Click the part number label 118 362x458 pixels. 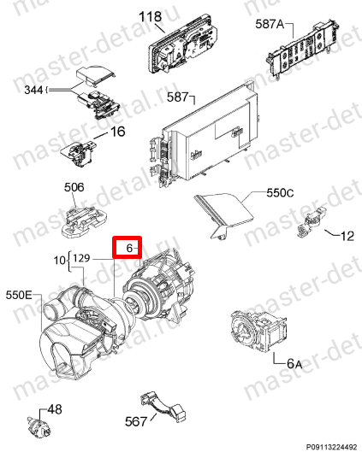[x=150, y=16]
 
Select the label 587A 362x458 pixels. [x=270, y=24]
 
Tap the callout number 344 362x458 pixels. [x=34, y=90]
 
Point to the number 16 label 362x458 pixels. [x=117, y=132]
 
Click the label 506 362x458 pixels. [x=74, y=187]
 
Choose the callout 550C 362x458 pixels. [x=280, y=193]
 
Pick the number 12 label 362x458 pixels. [x=347, y=236]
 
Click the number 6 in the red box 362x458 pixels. [x=129, y=249]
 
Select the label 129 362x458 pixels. [x=81, y=258]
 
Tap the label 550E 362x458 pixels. [x=19, y=295]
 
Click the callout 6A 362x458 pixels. [x=294, y=364]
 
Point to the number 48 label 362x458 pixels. [x=55, y=409]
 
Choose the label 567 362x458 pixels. [x=135, y=421]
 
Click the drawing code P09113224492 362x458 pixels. [x=331, y=447]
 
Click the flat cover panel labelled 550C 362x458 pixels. [x=224, y=215]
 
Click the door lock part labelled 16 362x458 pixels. [x=79, y=152]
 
